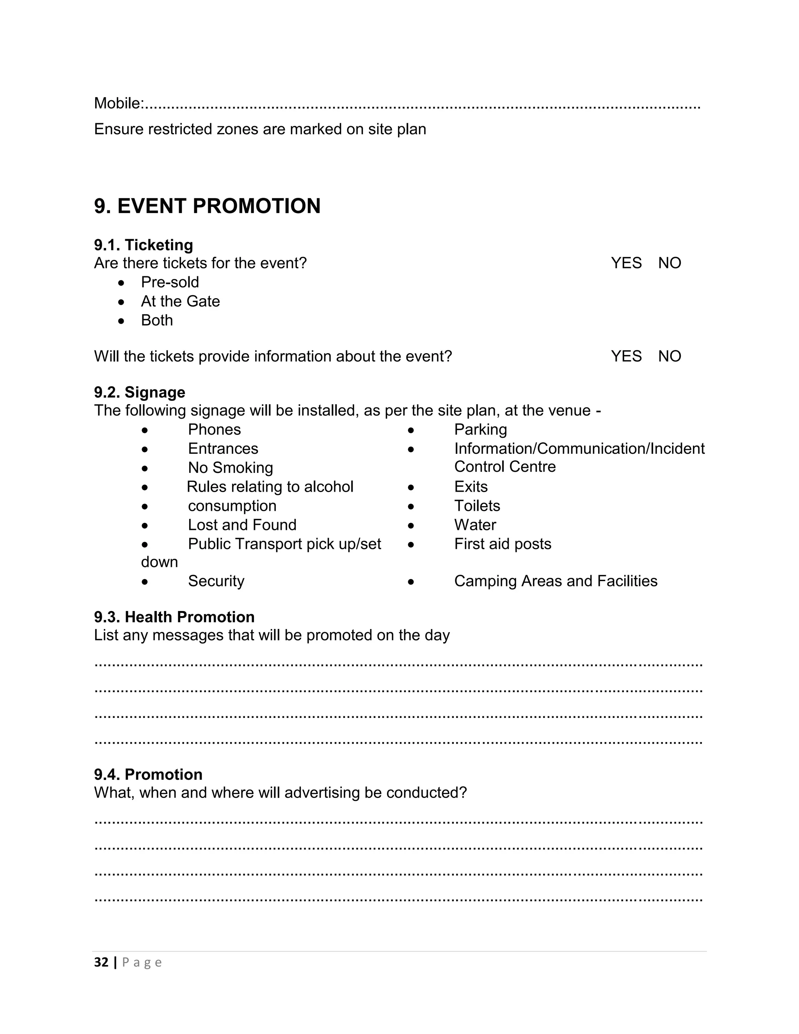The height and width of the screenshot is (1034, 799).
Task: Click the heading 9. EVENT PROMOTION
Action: pyautogui.click(x=207, y=206)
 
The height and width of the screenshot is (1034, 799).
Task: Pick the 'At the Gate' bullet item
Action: pyautogui.click(x=180, y=302)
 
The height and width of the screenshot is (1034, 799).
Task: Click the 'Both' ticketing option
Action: pyautogui.click(x=157, y=320)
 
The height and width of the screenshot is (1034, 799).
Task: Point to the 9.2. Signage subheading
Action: pyautogui.click(x=140, y=393)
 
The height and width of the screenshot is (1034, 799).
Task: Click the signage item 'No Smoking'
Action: pyautogui.click(x=231, y=468)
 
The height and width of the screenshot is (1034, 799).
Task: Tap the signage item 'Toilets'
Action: pyautogui.click(x=477, y=506)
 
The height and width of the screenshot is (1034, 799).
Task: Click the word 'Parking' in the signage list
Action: pyautogui.click(x=480, y=430)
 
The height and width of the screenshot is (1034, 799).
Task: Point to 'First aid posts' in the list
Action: pyautogui.click(x=502, y=544)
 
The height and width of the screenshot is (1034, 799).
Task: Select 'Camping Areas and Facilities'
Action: pyautogui.click(x=556, y=581)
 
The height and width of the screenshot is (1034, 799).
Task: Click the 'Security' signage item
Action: pyautogui.click(x=216, y=581)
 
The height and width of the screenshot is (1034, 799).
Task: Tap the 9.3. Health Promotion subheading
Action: pyautogui.click(x=174, y=617)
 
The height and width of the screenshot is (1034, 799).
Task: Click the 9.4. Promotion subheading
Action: pyautogui.click(x=148, y=775)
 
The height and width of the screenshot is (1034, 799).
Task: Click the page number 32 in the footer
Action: pyautogui.click(x=101, y=963)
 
